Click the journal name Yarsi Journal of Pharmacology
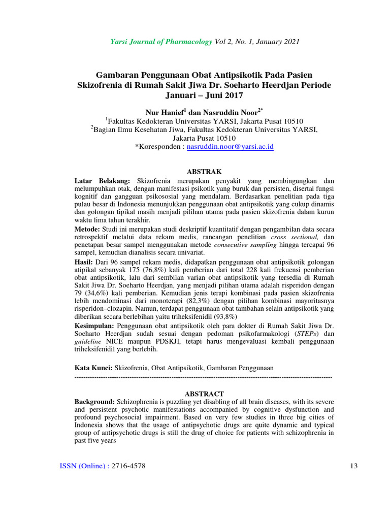(x=161, y=41)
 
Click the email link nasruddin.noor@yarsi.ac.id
(x=231, y=147)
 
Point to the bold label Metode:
(x=87, y=230)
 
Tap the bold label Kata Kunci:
(x=94, y=367)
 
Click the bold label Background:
(x=95, y=402)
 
